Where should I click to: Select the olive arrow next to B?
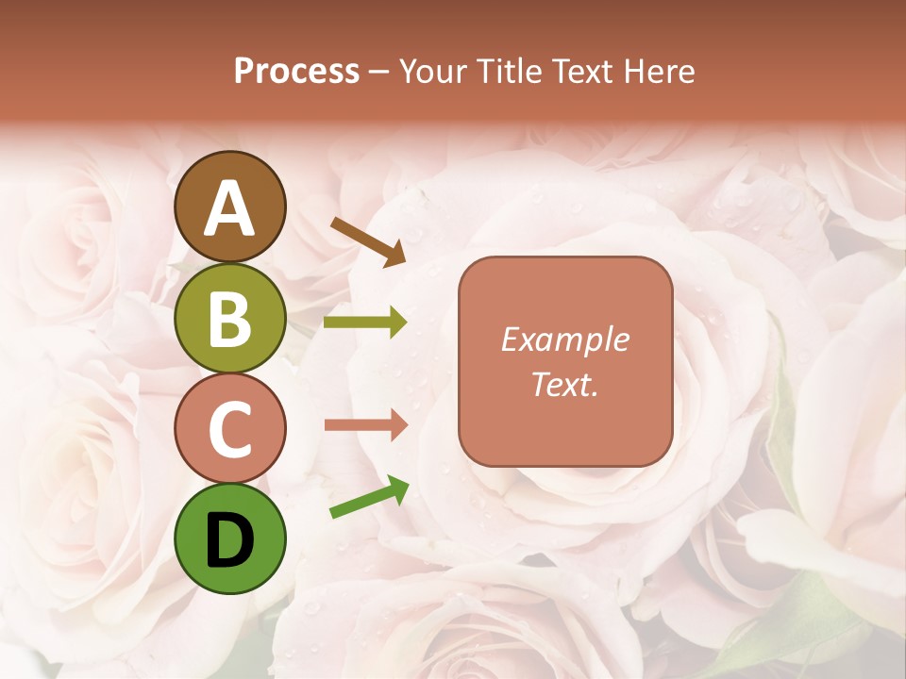point(365,323)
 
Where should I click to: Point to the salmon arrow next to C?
point(365,424)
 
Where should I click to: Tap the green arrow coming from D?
point(369,497)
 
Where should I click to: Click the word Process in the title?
point(296,72)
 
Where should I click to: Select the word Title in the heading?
point(509,72)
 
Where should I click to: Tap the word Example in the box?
point(564,339)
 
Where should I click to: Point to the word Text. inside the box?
point(564,384)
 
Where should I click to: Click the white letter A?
point(230,208)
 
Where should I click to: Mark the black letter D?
point(230,541)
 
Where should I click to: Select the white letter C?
point(230,429)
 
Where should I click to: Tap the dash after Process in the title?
point(379,73)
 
